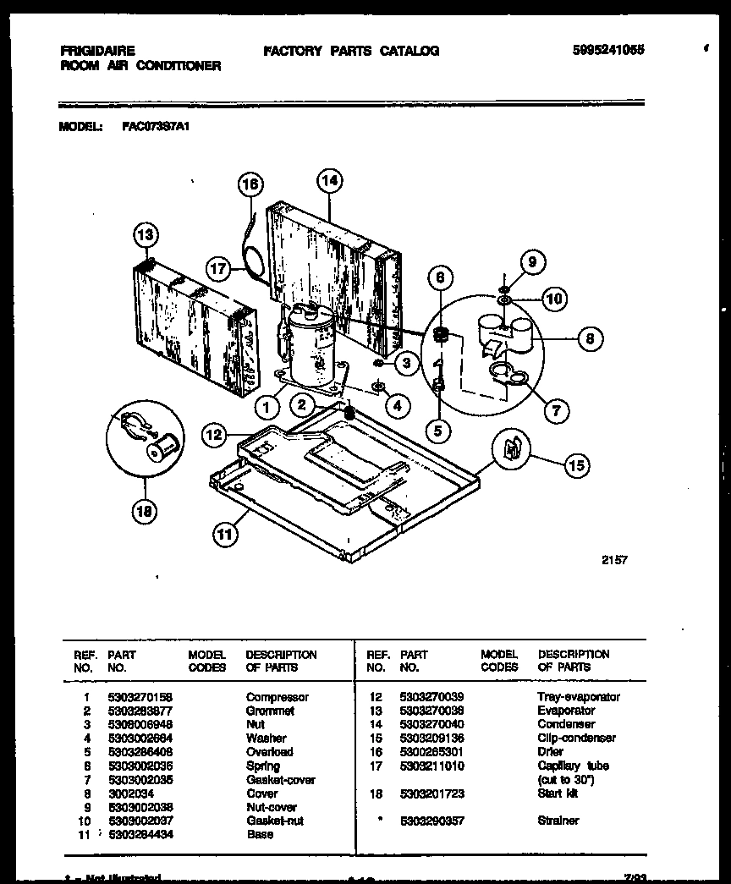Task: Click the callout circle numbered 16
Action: point(250,184)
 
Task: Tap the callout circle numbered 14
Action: point(329,180)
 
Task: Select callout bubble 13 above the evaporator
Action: point(146,234)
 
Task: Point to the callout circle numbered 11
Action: point(223,534)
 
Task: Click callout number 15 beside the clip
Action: point(576,464)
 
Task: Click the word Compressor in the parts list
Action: point(277,697)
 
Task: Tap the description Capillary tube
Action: point(573,766)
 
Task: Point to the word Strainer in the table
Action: point(558,821)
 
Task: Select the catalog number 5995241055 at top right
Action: point(608,50)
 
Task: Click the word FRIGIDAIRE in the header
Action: point(97,51)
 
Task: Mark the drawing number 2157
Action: point(615,560)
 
